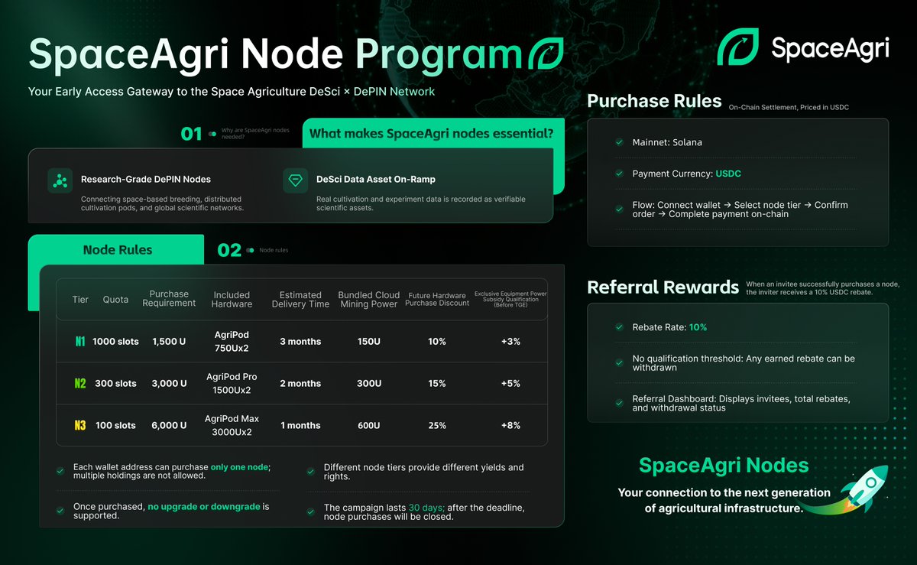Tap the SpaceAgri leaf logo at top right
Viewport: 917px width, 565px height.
coord(737,47)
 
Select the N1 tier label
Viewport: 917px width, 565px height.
coord(80,342)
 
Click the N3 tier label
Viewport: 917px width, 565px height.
coord(80,425)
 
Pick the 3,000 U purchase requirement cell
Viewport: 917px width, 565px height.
coord(169,384)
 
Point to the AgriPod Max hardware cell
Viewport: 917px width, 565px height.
coord(232,425)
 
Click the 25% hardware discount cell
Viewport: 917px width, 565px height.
coord(437,425)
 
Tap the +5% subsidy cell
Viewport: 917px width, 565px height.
coord(510,384)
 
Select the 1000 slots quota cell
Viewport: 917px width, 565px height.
coord(115,342)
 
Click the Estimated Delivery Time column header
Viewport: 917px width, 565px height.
coord(300,299)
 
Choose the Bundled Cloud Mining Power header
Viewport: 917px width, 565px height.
coord(368,299)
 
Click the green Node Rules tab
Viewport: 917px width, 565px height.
coord(117,250)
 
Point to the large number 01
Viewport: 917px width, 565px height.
coord(191,135)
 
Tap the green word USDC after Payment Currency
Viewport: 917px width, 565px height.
coord(728,174)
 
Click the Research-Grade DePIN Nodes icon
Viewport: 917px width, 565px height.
coord(60,180)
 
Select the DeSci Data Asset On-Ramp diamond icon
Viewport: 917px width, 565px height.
coord(295,180)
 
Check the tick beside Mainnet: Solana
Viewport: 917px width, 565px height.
coord(619,142)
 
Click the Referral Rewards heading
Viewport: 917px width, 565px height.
coord(663,287)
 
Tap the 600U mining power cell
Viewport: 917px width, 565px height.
coord(368,425)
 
